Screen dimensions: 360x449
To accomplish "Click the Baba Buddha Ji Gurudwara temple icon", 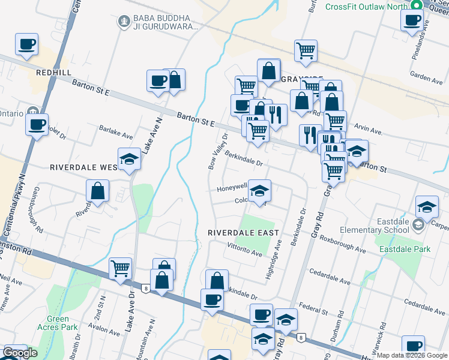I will pos(124,22).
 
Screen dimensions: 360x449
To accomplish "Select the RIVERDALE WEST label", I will pos(83,167).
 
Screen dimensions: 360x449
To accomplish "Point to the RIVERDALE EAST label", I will pos(243,233).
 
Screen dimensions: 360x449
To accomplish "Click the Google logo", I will pos(20,353).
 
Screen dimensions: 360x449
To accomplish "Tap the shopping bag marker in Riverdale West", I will pos(98,192).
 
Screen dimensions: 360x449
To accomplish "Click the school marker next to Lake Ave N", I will pos(129,160).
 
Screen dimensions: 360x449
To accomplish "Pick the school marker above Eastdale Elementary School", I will pos(427,208).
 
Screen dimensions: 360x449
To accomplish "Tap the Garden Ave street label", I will pos(426,78).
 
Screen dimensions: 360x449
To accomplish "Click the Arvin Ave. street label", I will pos(369,130).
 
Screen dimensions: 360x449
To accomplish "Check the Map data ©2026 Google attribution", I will pos(411,355).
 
